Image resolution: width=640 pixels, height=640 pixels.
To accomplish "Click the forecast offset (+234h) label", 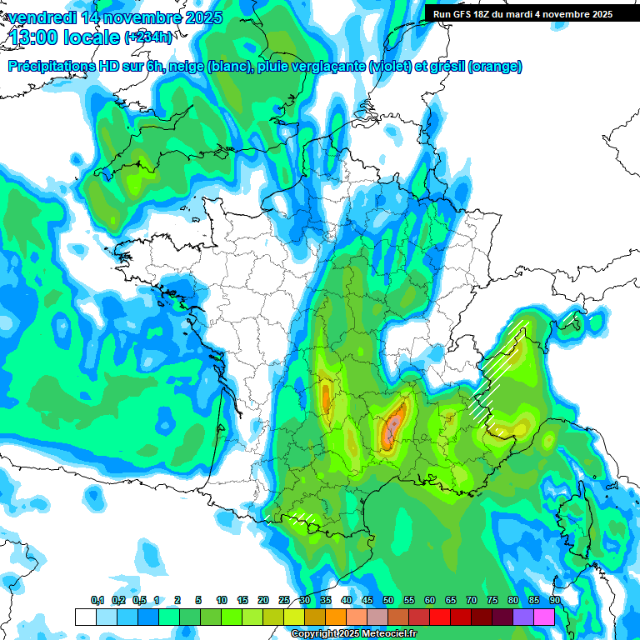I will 149,37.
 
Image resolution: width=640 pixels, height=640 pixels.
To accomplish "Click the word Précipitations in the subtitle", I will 57,67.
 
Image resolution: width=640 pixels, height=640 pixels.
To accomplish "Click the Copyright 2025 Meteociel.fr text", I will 353,634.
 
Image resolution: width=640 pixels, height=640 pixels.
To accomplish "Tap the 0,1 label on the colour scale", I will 97,601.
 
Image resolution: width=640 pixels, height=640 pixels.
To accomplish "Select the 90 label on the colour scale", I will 554,601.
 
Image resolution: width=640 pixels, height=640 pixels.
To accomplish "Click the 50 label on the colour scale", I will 388,601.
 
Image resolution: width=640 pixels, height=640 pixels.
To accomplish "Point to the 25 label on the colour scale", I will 284,601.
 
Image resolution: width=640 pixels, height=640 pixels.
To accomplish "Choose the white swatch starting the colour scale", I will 85,617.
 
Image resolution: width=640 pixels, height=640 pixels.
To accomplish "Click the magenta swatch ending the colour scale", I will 544,617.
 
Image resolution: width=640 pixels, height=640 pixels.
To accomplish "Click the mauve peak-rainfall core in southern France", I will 392,429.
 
